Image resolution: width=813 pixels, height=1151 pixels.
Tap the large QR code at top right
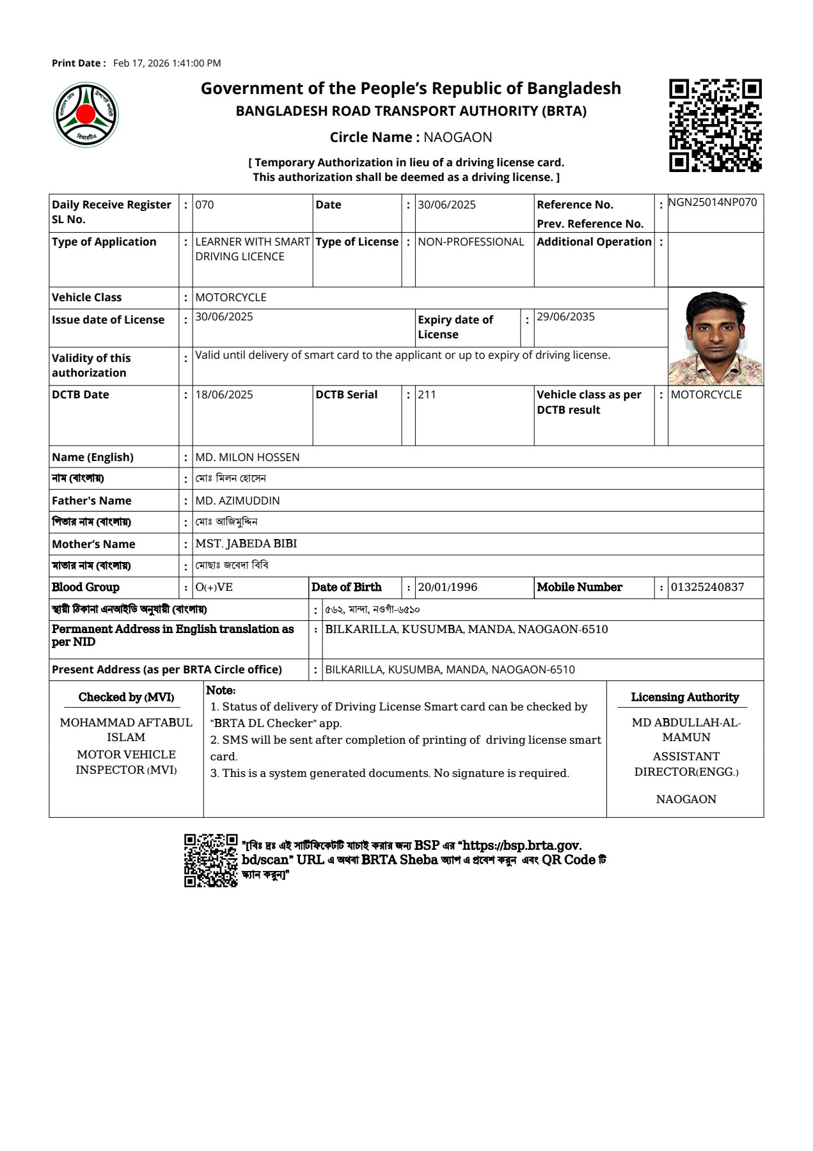click(715, 125)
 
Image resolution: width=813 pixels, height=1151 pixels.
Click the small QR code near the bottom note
click(210, 860)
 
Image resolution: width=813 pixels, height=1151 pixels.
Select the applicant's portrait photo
click(716, 338)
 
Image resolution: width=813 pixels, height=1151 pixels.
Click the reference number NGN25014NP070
click(713, 203)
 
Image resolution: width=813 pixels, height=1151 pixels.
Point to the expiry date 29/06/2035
click(565, 317)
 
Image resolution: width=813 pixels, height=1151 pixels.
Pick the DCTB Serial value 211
click(427, 395)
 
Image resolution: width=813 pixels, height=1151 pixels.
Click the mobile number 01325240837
click(707, 587)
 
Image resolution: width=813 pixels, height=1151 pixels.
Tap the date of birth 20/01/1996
click(447, 587)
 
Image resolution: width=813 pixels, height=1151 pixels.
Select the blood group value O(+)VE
click(214, 588)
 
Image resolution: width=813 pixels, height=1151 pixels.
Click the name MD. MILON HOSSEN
click(247, 457)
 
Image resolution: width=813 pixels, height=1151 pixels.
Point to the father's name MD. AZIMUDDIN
click(237, 501)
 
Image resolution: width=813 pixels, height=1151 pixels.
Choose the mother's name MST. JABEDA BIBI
click(246, 544)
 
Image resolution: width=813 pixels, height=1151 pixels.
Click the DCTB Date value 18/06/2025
click(224, 395)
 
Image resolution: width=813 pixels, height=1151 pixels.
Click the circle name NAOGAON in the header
click(458, 137)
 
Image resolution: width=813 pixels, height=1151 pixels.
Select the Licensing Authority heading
click(684, 698)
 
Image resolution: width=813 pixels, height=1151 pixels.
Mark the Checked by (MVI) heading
click(126, 698)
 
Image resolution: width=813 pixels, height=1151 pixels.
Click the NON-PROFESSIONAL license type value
click(471, 242)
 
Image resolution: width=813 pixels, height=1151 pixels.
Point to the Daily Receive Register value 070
click(205, 205)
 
